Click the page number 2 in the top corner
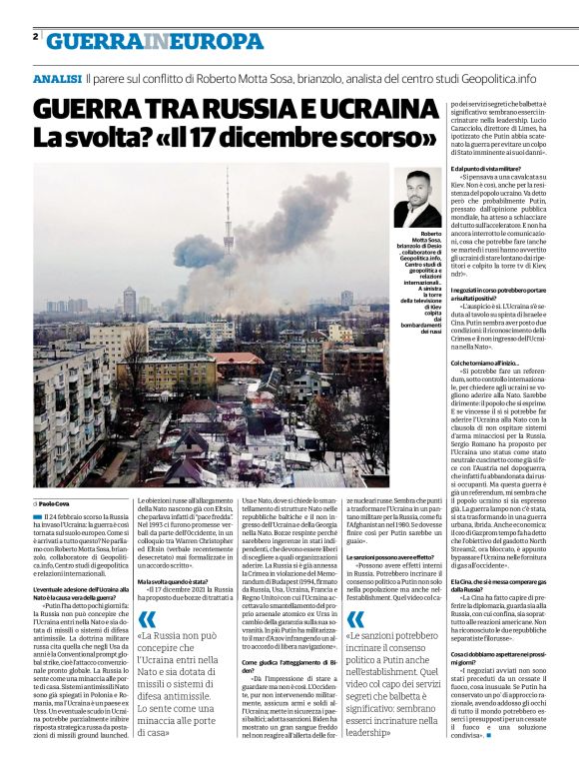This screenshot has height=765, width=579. point(35,38)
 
